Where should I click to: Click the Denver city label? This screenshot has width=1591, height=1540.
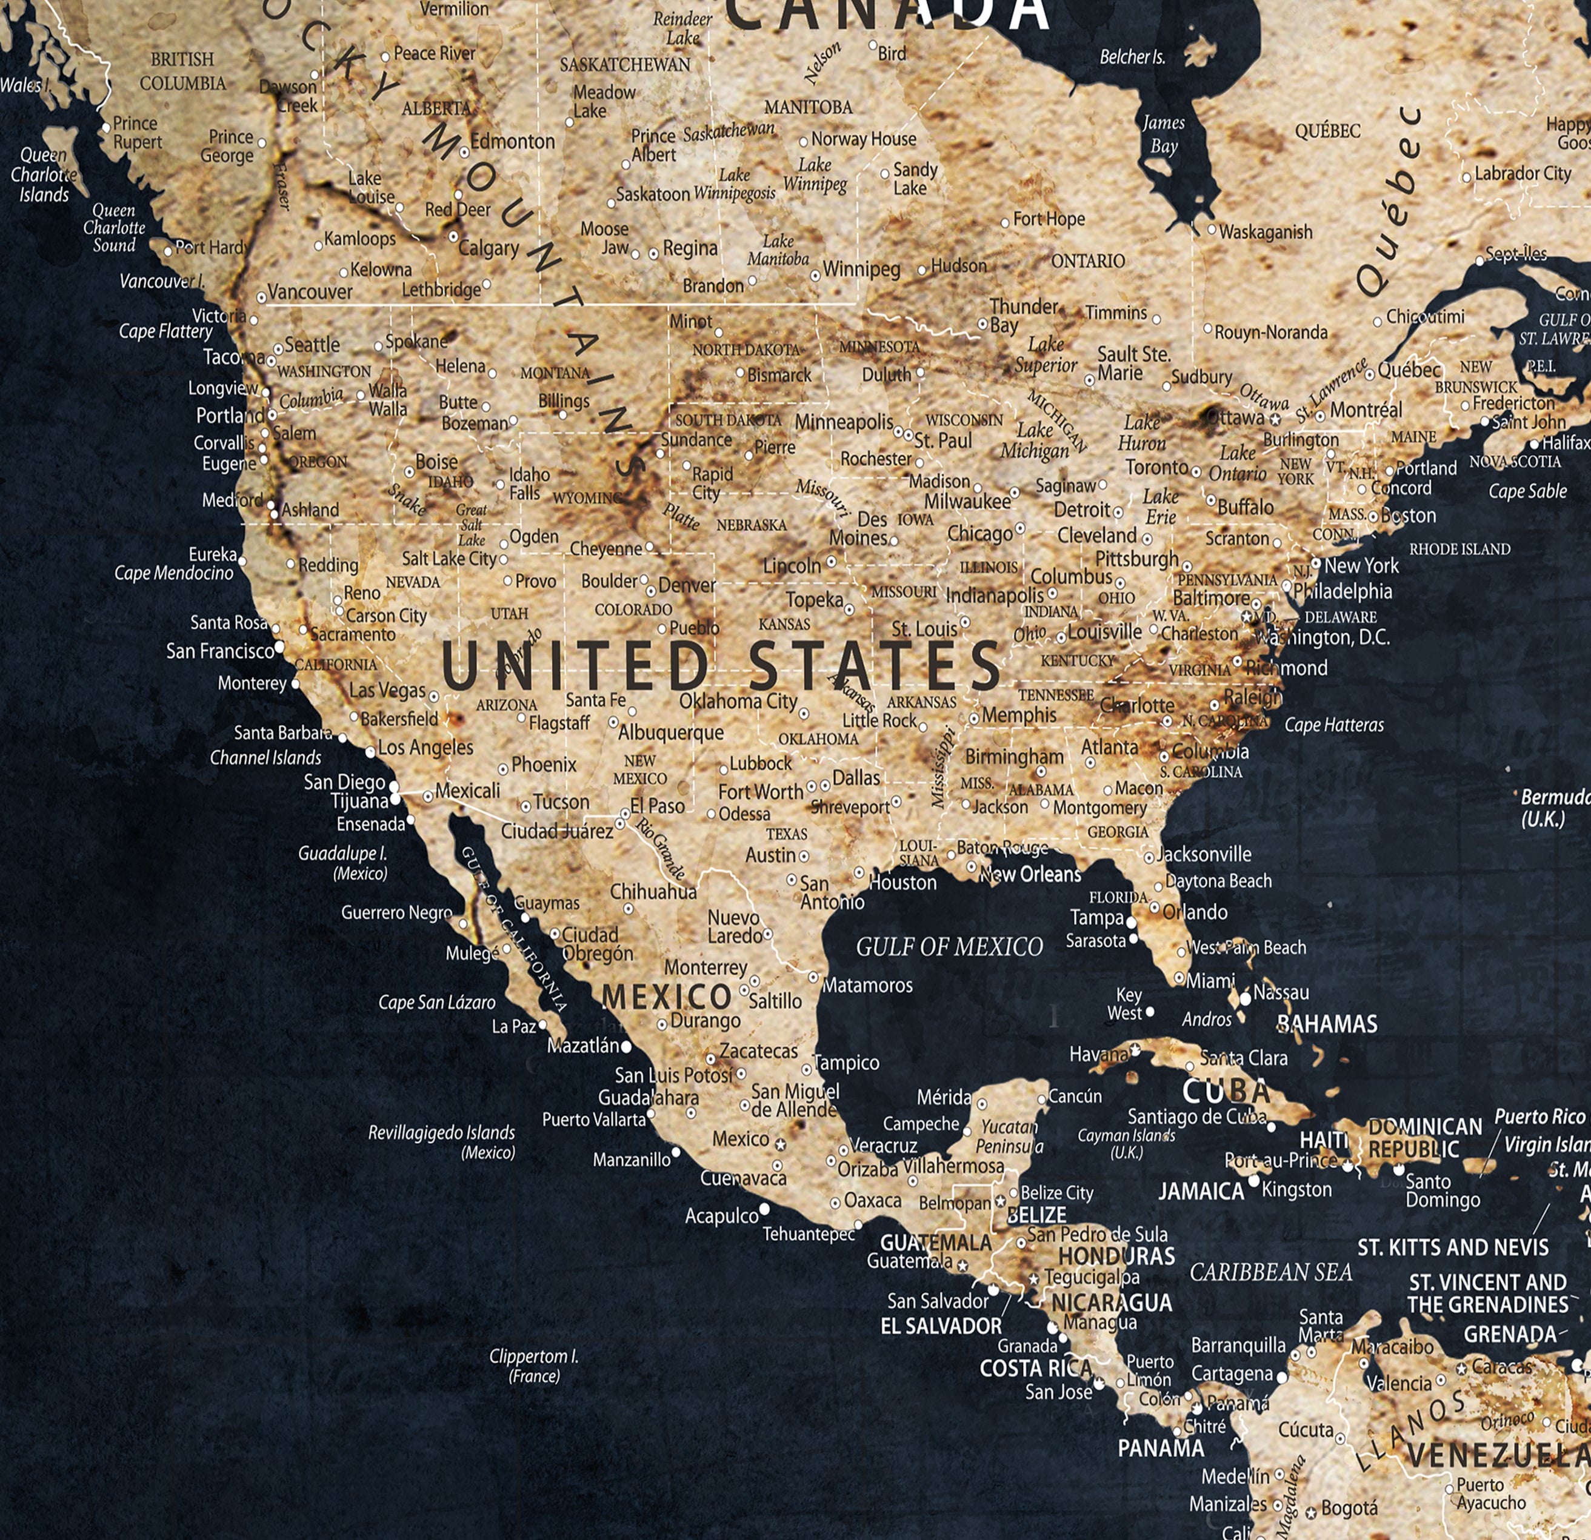tap(687, 585)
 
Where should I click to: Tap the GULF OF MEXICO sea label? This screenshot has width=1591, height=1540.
tap(949, 947)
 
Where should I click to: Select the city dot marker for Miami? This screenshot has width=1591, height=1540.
tap(1179, 978)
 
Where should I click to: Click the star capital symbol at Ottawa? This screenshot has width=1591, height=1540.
tap(1275, 419)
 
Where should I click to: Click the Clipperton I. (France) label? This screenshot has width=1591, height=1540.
tap(533, 1366)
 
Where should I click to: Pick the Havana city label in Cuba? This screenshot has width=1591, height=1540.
tap(1098, 1054)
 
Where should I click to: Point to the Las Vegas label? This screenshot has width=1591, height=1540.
tap(387, 691)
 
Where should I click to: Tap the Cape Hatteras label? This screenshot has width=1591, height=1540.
tap(1333, 725)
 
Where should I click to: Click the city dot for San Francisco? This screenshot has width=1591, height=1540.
tap(279, 646)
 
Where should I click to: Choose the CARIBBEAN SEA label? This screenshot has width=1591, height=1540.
tap(1270, 1272)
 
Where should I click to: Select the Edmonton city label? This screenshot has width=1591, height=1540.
tap(512, 141)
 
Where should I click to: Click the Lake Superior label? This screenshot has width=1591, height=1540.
tap(1046, 354)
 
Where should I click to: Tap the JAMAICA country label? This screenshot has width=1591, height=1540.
tap(1201, 1191)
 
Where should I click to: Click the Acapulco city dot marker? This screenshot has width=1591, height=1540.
tap(764, 1210)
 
